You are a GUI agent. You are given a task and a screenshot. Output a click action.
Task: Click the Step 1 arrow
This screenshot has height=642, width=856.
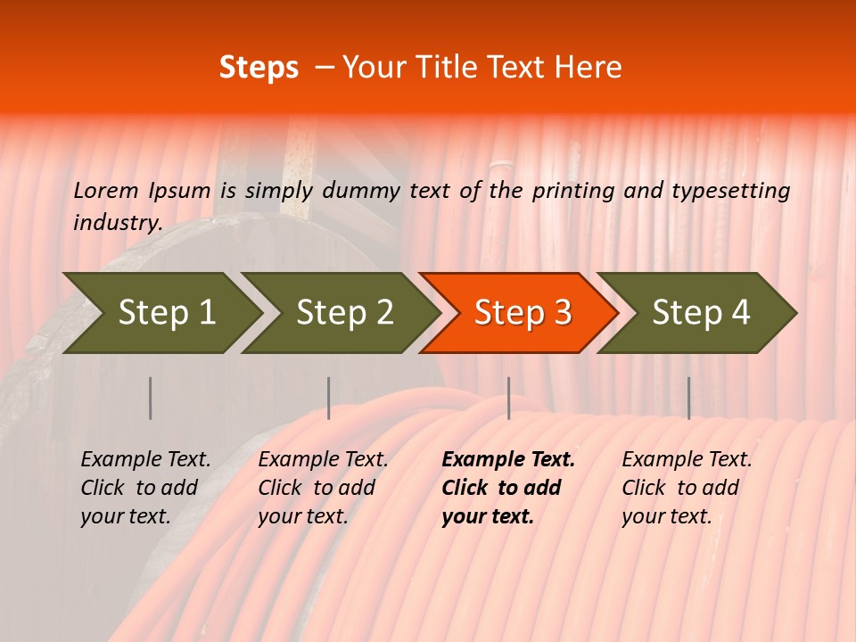166,313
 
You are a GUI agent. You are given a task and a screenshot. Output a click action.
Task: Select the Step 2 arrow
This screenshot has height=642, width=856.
344,313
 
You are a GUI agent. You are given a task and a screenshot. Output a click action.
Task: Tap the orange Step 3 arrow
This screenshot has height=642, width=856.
523,313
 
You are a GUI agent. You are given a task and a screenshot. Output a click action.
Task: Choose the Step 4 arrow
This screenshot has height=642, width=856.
701,313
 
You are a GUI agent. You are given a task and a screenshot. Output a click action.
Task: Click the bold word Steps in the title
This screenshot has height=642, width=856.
259,68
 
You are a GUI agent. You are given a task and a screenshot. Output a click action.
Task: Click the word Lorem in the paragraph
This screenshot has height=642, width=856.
106,190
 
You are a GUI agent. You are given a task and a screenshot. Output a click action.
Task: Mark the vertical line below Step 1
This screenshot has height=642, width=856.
150,398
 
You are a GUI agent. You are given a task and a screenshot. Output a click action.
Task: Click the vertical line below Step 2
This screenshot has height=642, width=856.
329,398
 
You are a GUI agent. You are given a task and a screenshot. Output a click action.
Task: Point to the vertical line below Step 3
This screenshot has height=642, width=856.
508,398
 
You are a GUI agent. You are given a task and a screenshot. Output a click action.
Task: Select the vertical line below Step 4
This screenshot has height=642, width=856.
688,398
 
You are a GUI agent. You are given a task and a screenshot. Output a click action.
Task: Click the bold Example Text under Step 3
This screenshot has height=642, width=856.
508,460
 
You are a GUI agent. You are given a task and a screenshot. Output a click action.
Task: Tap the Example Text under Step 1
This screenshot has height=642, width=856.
145,460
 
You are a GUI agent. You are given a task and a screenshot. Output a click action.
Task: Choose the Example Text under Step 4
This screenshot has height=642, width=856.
687,460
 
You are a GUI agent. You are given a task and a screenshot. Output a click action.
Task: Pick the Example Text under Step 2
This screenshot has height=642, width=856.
323,460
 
